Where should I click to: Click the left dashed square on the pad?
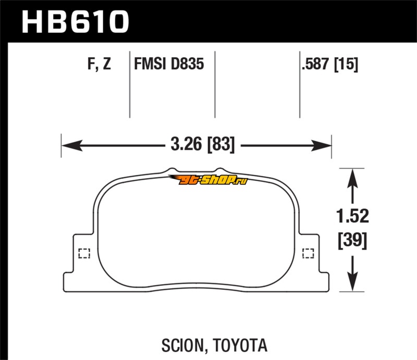coord(83,254)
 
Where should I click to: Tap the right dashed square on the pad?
coord(308,254)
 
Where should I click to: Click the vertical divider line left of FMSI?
coord(129,83)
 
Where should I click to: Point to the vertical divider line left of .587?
coord(300,83)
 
